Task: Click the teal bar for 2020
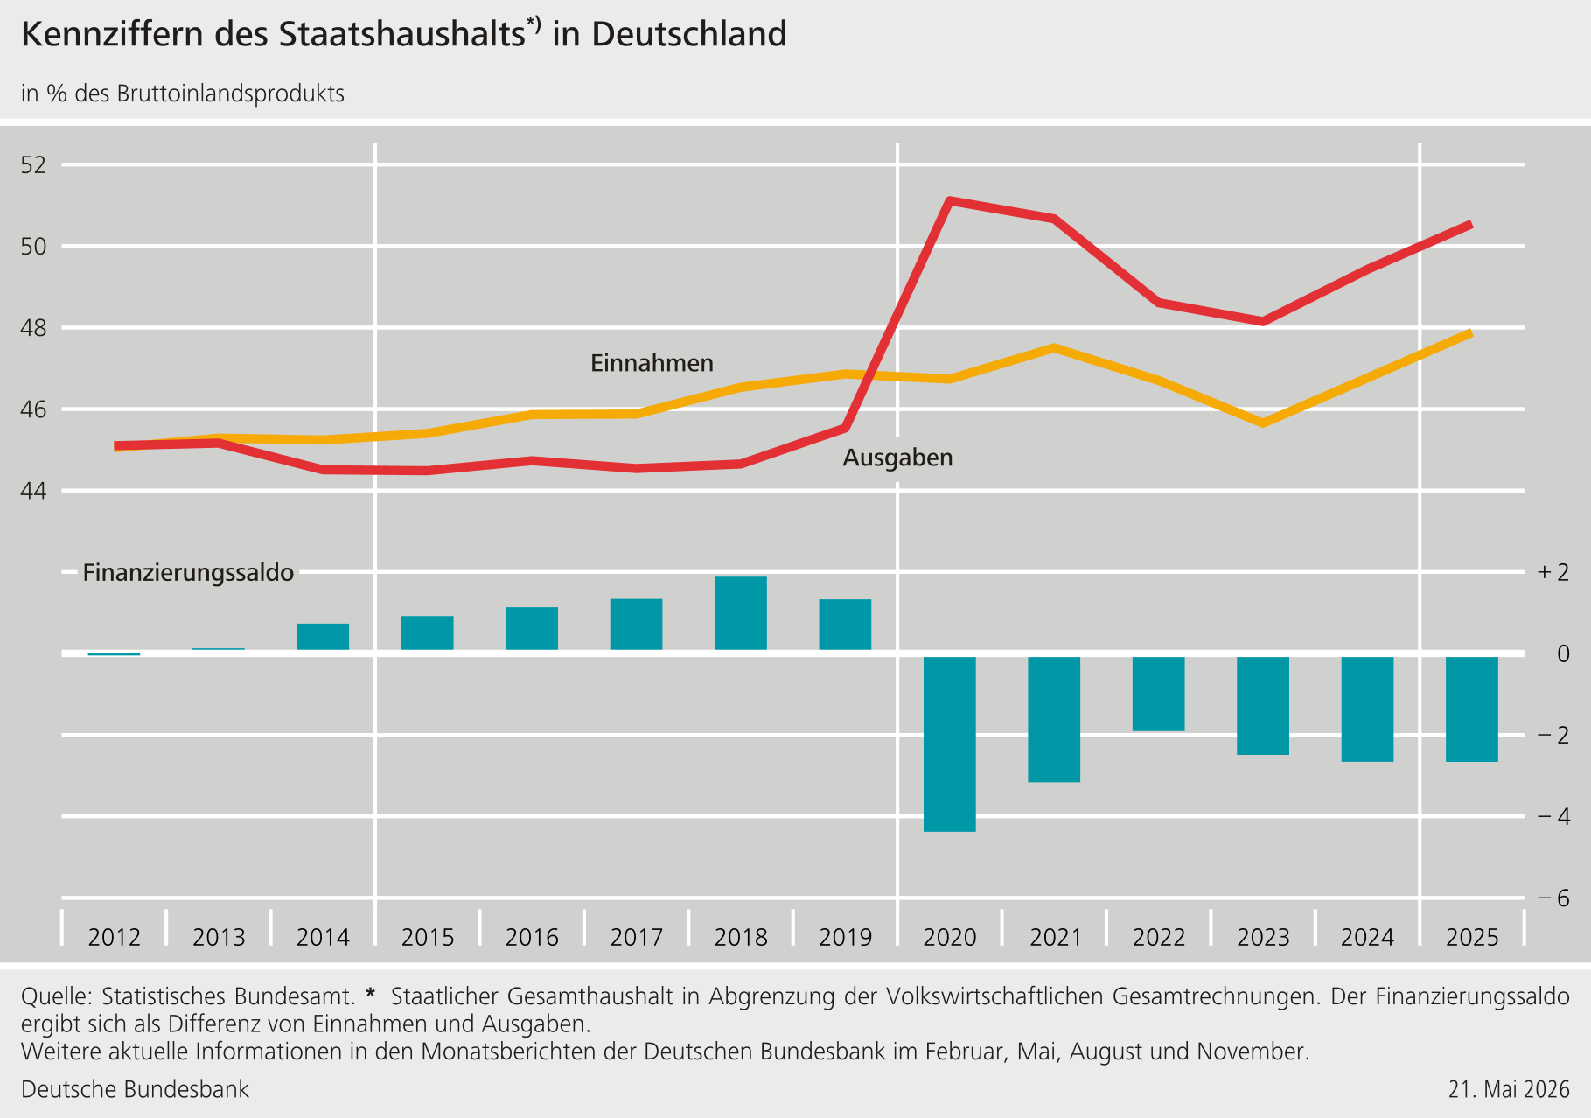[x=950, y=744]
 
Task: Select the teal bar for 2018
[x=741, y=613]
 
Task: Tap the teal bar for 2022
[x=1159, y=694]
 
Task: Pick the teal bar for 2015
[x=428, y=632]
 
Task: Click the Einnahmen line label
[x=652, y=363]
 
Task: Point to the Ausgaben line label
[x=897, y=458]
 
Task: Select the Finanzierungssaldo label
[x=188, y=573]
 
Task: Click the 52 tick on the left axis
[x=33, y=164]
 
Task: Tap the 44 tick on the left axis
[x=33, y=491]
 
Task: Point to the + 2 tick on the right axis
[x=1553, y=572]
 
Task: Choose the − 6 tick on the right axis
[x=1553, y=898]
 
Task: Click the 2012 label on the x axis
[x=115, y=938]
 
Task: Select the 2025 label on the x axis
[x=1472, y=938]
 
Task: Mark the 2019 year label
[x=845, y=938]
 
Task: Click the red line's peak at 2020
[x=950, y=201]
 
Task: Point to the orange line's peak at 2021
[x=1055, y=348]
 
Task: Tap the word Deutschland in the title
[x=689, y=34]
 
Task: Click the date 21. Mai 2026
[x=1509, y=1089]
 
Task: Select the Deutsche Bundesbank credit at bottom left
[x=135, y=1089]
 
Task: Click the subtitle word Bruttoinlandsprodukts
[x=230, y=94]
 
